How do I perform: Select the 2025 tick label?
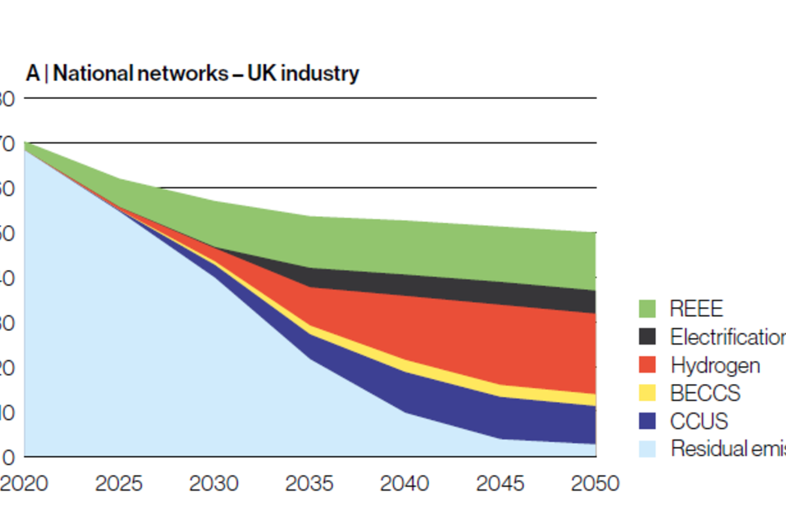(x=120, y=484)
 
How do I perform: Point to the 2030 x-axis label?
(x=215, y=484)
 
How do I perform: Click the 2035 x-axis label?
(x=309, y=484)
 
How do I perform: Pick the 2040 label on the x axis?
(x=405, y=484)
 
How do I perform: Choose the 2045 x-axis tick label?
(x=500, y=484)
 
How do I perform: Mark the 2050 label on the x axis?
(x=595, y=484)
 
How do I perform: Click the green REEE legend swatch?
(x=648, y=309)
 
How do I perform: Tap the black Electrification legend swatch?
(x=648, y=337)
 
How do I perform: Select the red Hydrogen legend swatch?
(x=648, y=364)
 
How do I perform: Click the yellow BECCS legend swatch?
(x=648, y=393)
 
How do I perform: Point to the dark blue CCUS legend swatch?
(x=648, y=421)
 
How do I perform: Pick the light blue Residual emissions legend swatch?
(x=648, y=449)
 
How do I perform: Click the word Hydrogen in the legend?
(x=715, y=365)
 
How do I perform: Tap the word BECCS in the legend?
(x=705, y=393)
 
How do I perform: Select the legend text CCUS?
(x=698, y=421)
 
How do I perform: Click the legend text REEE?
(x=697, y=309)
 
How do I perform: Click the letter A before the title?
(x=32, y=74)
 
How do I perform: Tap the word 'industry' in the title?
(x=325, y=74)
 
